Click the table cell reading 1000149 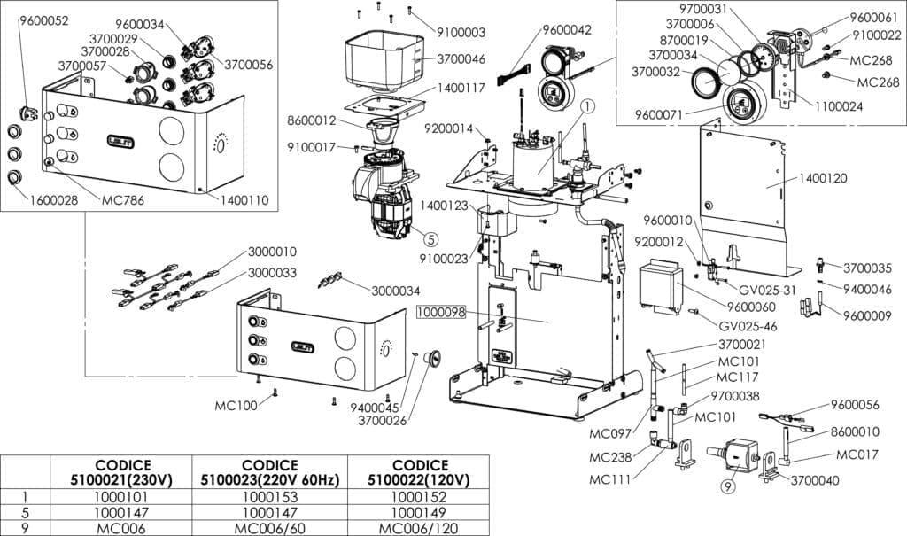click(x=419, y=512)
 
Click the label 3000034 click(x=395, y=291)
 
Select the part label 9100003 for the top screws click(x=461, y=32)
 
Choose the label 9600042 click(x=566, y=29)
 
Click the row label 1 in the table click(x=25, y=497)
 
